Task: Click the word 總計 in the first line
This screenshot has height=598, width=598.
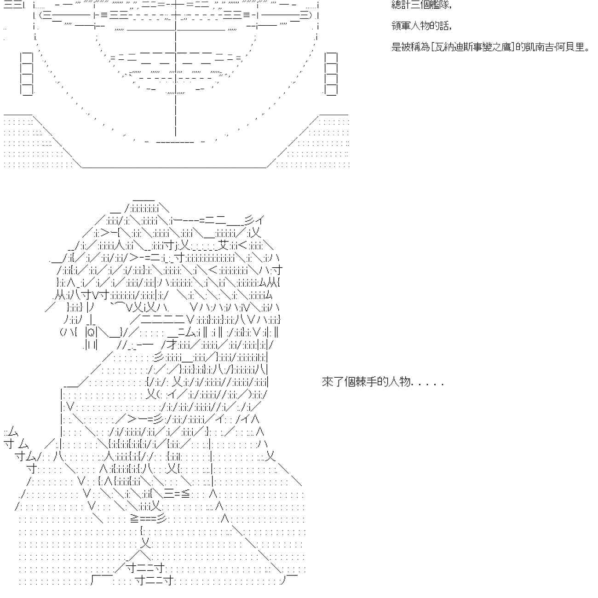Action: click(397, 5)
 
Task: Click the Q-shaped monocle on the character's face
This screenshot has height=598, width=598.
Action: click(91, 332)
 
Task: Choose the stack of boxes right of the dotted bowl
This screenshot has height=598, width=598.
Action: click(331, 74)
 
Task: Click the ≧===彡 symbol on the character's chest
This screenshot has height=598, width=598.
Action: click(148, 518)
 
